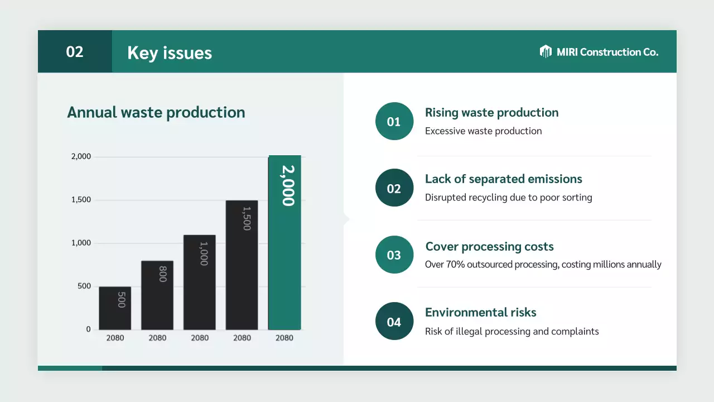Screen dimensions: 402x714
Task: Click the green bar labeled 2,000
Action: tap(284, 242)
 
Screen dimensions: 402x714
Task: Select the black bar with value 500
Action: tap(115, 308)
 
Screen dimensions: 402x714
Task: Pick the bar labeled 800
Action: tap(157, 295)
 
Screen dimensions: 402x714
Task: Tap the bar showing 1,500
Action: tap(242, 265)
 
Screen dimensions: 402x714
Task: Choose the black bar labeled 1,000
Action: tap(200, 282)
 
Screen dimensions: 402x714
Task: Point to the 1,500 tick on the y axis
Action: tap(81, 200)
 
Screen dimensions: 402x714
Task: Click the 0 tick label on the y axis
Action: tap(88, 329)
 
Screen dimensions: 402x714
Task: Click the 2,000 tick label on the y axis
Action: tap(81, 157)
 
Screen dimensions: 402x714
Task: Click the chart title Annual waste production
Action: tap(156, 112)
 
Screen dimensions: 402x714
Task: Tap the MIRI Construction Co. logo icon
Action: tap(546, 52)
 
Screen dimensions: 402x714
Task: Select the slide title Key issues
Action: tap(170, 52)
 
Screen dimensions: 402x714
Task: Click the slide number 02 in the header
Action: tap(75, 52)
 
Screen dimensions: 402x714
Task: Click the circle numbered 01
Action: tap(394, 121)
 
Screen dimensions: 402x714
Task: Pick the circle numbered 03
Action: tap(394, 255)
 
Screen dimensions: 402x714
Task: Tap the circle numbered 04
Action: tap(394, 322)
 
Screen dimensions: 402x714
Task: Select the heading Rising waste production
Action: tap(491, 112)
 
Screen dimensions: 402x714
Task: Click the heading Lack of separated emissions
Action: tap(503, 179)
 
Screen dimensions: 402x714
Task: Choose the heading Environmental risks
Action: tap(480, 312)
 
